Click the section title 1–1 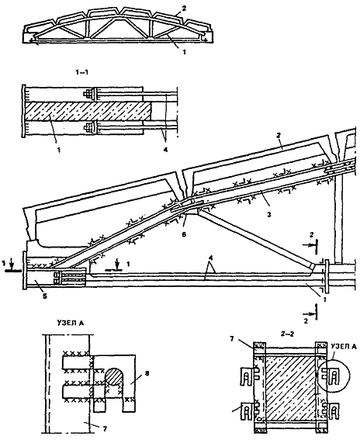(x=82, y=72)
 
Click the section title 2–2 (x=288, y=334)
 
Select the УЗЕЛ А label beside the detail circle (x=344, y=346)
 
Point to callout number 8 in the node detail (x=147, y=373)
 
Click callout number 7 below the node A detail (x=105, y=429)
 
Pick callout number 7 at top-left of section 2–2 (x=232, y=339)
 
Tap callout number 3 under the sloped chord (x=269, y=215)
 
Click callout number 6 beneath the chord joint (x=184, y=234)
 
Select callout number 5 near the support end (x=46, y=296)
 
